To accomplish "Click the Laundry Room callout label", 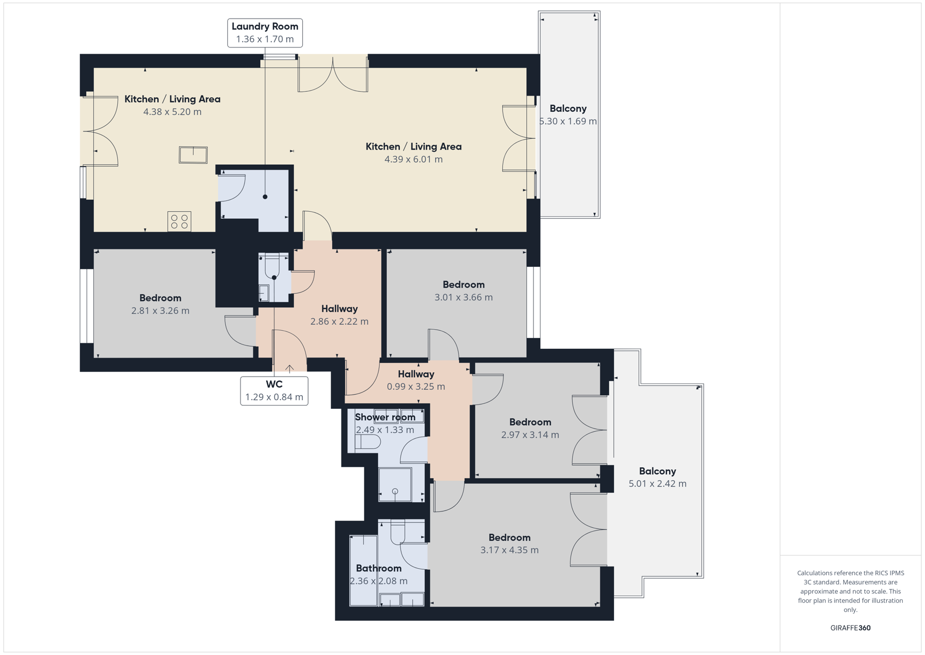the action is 265,33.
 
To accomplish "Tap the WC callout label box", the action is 274,390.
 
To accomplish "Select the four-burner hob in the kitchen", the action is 179,221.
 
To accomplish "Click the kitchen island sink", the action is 193,155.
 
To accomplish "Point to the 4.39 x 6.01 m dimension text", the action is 413,159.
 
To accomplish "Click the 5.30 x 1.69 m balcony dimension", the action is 568,121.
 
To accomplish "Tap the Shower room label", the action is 385,417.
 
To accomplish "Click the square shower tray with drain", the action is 395,484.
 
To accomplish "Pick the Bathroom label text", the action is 379,568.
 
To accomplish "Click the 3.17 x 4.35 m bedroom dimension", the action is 509,550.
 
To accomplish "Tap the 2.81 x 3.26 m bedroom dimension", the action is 160,311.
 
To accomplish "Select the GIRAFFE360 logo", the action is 850,628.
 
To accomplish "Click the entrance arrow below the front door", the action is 290,369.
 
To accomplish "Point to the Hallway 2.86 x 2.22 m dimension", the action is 339,321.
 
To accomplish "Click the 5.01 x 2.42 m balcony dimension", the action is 657,484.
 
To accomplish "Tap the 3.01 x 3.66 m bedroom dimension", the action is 464,297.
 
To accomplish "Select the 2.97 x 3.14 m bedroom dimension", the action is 530,434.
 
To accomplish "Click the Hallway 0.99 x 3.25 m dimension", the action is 416,386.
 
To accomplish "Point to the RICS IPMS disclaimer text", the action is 850,591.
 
